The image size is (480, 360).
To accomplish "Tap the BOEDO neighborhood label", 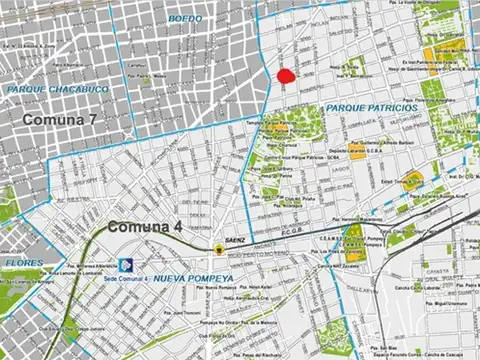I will coord(185,19).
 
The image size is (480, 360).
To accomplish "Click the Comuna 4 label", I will coord(144,226).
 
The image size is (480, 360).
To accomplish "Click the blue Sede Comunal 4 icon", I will coord(127,264).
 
